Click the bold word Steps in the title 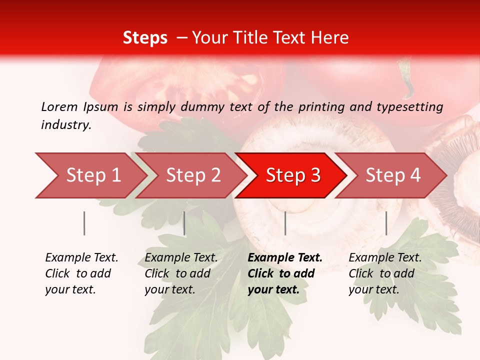(x=145, y=38)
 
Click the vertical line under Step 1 (x=84, y=223)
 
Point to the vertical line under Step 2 (x=184, y=223)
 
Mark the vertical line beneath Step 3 (x=285, y=223)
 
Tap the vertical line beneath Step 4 (x=386, y=223)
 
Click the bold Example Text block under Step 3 (x=284, y=273)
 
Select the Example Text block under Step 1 (x=81, y=273)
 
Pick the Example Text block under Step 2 (x=181, y=273)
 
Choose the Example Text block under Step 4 (x=385, y=273)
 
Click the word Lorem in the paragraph (x=59, y=106)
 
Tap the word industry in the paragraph (x=66, y=125)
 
